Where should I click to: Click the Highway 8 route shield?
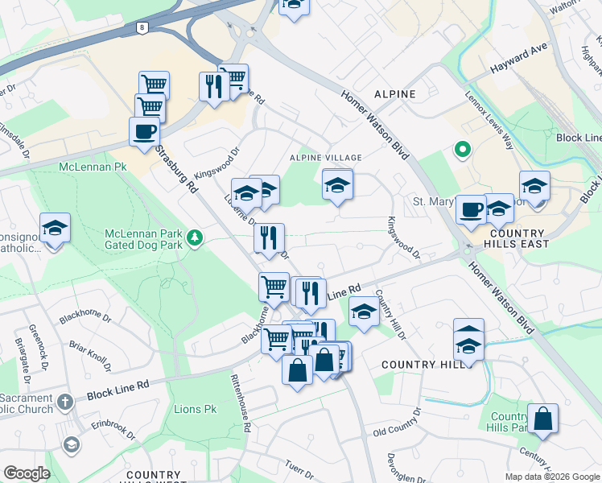[x=142, y=27]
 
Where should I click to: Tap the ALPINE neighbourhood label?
[x=394, y=94]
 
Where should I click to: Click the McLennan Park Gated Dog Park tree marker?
[x=194, y=238]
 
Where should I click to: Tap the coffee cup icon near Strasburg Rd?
[x=144, y=131]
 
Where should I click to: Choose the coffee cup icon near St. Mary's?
[x=471, y=209]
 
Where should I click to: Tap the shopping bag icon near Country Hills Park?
[x=543, y=419]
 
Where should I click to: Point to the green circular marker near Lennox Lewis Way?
[x=463, y=149]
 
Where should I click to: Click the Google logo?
[x=27, y=473]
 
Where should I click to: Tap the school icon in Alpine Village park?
[x=338, y=185]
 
